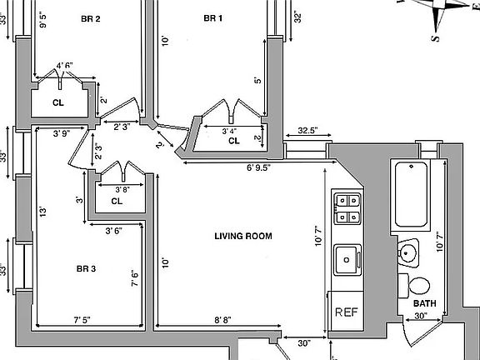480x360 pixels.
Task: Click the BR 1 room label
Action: (x=213, y=18)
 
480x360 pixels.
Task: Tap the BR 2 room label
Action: (x=91, y=19)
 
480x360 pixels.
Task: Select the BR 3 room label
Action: (x=86, y=269)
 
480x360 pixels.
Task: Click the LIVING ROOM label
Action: (x=243, y=236)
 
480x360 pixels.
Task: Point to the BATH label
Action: (x=425, y=303)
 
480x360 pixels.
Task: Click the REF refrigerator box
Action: (x=346, y=311)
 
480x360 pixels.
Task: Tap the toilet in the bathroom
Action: (x=414, y=286)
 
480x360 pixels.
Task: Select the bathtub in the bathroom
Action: (x=411, y=194)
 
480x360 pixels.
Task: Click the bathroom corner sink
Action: (x=407, y=253)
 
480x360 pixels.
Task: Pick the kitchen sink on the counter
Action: (x=347, y=260)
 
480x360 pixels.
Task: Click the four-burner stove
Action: (x=347, y=209)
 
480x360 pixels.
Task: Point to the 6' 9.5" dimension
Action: (x=259, y=168)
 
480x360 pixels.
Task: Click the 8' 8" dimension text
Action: (x=222, y=320)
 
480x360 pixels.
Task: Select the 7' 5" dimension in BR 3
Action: (x=82, y=320)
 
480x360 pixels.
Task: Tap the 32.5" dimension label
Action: (x=308, y=130)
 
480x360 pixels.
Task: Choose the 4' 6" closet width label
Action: (x=65, y=66)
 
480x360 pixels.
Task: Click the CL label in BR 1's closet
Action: (x=234, y=141)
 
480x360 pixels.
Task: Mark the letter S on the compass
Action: (x=436, y=38)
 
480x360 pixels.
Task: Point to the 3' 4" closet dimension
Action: (x=229, y=132)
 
